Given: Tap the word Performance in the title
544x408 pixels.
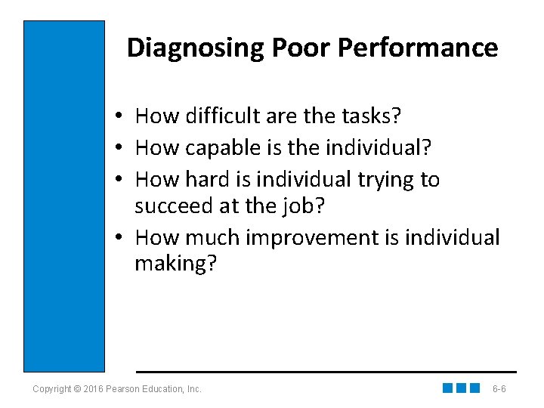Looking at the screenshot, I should [418, 48].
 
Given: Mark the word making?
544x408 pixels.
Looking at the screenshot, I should [175, 264].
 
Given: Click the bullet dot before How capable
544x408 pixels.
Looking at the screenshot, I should [120, 149].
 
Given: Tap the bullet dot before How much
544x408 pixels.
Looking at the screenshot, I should [120, 239].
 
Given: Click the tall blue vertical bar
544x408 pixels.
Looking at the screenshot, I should [64, 196].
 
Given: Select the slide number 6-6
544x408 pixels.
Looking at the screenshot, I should [499, 389].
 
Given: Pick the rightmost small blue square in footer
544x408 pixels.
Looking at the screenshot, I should [474, 388].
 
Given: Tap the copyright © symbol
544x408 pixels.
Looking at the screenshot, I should [79, 389].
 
